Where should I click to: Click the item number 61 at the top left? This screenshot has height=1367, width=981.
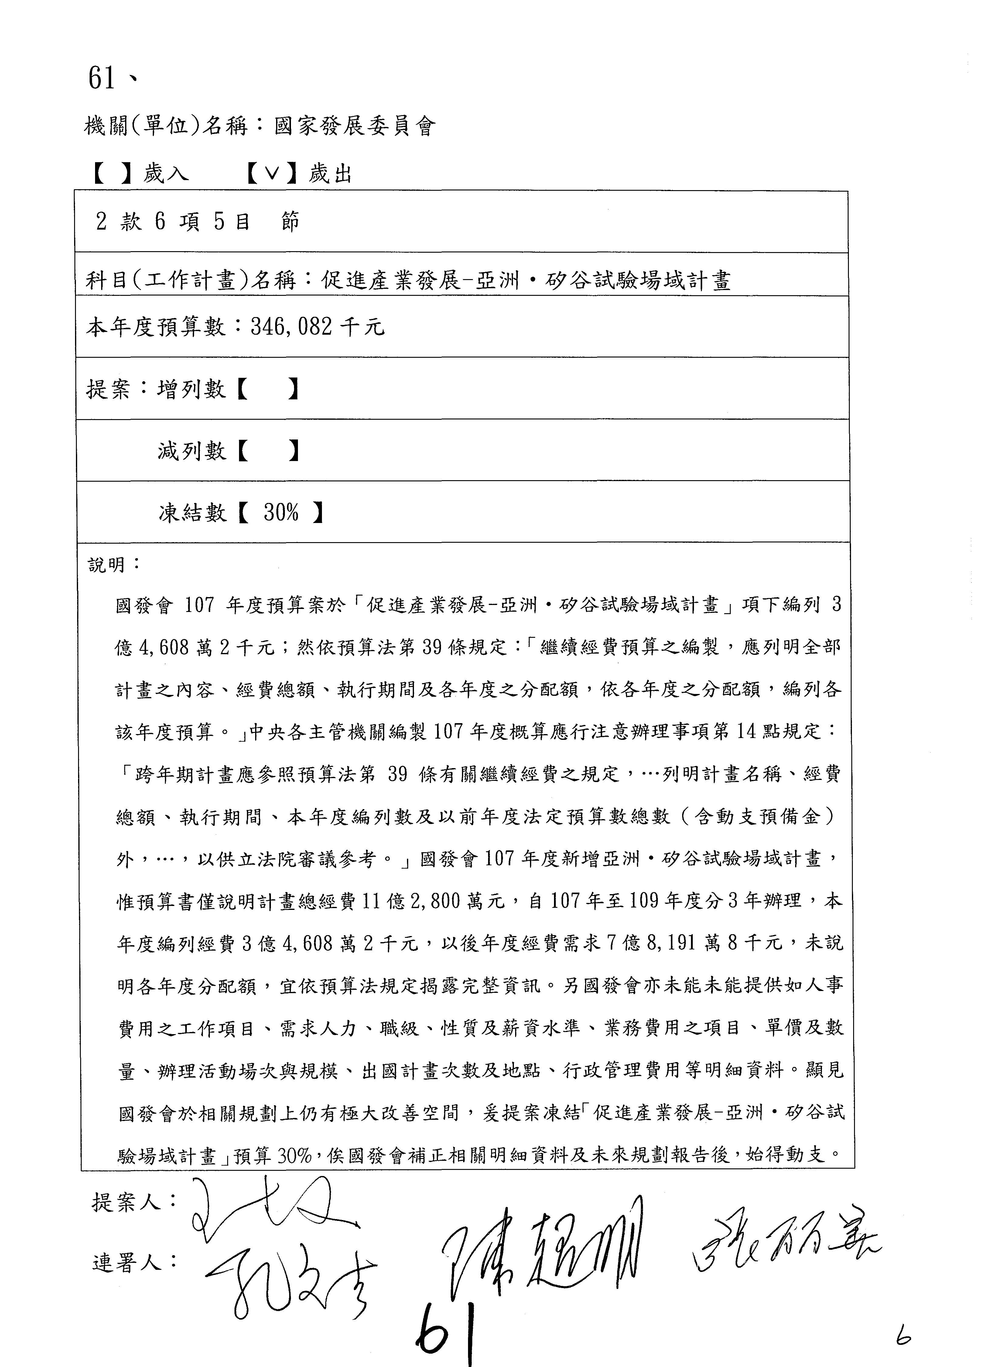click(102, 78)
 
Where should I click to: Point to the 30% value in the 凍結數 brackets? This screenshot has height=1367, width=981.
click(281, 512)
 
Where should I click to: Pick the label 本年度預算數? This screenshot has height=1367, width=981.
click(156, 327)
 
